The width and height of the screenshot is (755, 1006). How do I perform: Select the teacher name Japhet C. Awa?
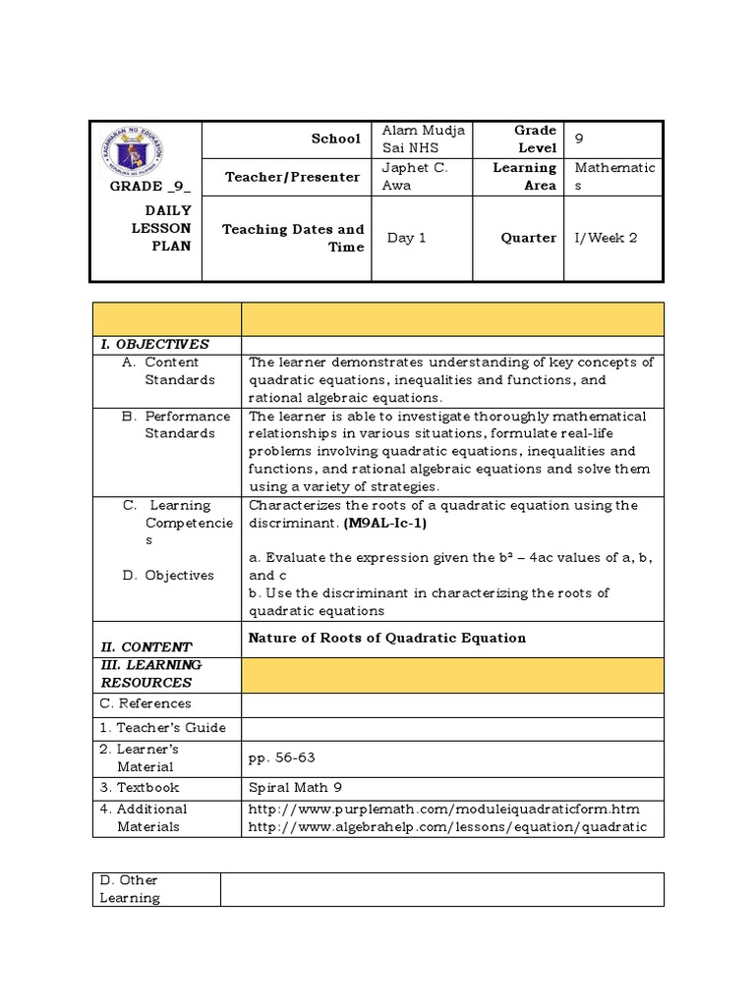click(x=414, y=176)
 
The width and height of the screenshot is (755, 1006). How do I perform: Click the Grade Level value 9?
click(x=579, y=139)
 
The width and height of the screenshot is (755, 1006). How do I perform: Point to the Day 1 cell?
click(x=406, y=238)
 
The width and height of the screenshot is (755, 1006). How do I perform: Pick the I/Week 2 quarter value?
click(x=606, y=238)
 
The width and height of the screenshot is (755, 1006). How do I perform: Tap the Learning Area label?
click(x=524, y=176)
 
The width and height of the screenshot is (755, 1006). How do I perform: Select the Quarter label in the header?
click(x=528, y=238)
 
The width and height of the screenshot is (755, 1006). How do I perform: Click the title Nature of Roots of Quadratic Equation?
click(x=387, y=638)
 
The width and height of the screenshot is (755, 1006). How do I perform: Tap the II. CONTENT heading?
click(x=146, y=646)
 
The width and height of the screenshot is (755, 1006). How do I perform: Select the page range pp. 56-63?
click(x=282, y=757)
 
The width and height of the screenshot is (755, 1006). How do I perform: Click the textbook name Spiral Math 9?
click(x=296, y=788)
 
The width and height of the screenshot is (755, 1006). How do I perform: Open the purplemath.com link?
click(x=443, y=810)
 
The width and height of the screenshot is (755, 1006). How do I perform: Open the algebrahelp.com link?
click(x=447, y=827)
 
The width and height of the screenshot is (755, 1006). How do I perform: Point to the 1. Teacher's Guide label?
click(x=162, y=728)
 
